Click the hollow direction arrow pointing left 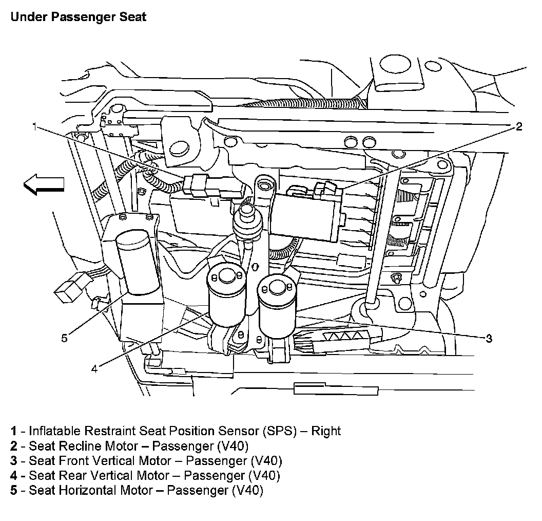pos(44,184)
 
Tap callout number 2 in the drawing pos(519,126)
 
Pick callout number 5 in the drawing pos(64,338)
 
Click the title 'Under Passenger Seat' pos(78,17)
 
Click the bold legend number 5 pos(13,490)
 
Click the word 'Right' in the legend pos(325,431)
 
